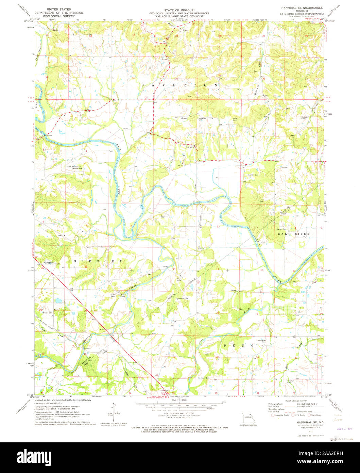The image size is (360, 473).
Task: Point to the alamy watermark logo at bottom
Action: [180, 457]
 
